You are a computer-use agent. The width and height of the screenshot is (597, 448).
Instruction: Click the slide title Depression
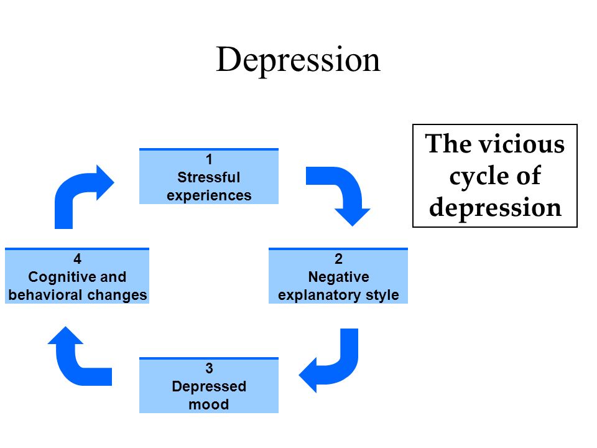[x=298, y=60]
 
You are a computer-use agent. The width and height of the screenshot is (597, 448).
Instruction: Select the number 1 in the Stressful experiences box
[x=209, y=159]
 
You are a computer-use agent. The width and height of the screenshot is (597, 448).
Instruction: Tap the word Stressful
[x=209, y=177]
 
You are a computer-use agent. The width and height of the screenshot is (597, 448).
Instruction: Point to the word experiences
[x=209, y=195]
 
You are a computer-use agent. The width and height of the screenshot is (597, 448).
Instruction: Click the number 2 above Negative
[x=338, y=259]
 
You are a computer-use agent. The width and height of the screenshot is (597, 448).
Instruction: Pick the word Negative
[x=338, y=277]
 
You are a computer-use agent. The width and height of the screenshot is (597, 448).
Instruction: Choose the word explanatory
[x=319, y=295]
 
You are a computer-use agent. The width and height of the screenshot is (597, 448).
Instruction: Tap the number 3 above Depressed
[x=209, y=368]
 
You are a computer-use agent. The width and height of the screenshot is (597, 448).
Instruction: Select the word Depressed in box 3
[x=209, y=386]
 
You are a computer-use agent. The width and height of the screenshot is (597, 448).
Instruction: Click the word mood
[x=209, y=404]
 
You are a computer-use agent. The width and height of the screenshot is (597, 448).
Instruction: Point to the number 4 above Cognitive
[x=77, y=259]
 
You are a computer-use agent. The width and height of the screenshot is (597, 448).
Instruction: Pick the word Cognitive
[x=62, y=277]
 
